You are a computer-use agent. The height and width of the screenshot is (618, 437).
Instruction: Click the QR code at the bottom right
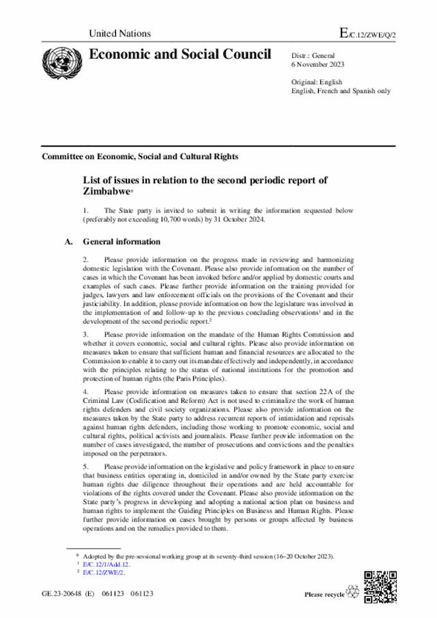pyautogui.click(x=378, y=585)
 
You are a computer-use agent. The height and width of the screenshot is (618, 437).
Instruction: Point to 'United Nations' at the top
pyautogui.click(x=120, y=33)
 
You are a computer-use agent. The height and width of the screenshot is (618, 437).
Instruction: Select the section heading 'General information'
pyautogui.click(x=122, y=242)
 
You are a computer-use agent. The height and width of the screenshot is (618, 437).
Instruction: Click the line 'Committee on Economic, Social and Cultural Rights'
pyautogui.click(x=140, y=156)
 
